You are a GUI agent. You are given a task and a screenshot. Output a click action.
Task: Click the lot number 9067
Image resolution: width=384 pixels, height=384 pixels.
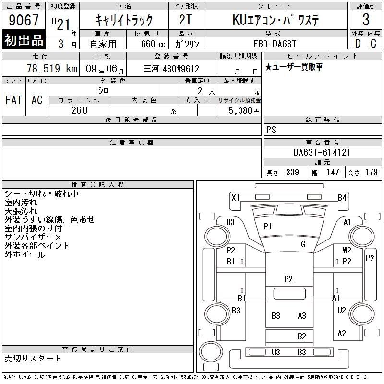(x=24, y=20)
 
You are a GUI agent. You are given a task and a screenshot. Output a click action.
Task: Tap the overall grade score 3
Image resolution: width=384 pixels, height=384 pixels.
(x=366, y=20)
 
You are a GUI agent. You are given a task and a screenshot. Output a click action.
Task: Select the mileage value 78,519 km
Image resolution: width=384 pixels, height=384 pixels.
(x=52, y=68)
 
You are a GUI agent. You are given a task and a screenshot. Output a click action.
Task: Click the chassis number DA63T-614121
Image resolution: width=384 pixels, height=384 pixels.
(x=322, y=152)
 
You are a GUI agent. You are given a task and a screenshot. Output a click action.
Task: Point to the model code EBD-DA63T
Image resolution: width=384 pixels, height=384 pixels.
(x=275, y=44)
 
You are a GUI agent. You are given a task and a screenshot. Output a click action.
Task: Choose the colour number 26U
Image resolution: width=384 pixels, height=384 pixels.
(x=79, y=110)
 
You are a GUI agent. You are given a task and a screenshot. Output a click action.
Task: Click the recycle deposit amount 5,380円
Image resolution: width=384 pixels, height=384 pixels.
(x=244, y=111)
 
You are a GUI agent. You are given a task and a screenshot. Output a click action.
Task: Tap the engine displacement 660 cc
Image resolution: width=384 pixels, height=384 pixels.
(x=153, y=44)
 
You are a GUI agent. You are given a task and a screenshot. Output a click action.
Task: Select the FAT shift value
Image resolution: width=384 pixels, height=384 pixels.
(x=14, y=100)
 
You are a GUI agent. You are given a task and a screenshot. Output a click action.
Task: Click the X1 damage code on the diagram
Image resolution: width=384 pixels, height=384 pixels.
(x=235, y=198)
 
